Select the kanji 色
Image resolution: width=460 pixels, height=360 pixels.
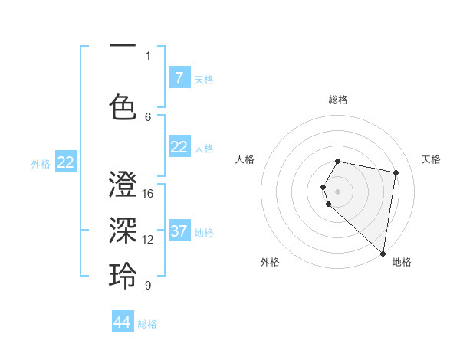click(123, 106)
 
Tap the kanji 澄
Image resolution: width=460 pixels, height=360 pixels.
click(123, 186)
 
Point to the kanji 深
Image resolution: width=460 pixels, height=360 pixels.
click(123, 231)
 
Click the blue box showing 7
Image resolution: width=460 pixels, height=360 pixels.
click(179, 78)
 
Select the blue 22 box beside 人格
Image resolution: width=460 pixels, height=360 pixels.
click(179, 147)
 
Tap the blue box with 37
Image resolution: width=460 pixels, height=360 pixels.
click(179, 231)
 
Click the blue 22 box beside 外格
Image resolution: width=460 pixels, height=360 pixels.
click(66, 162)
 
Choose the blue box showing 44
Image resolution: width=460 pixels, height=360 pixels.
click(123, 322)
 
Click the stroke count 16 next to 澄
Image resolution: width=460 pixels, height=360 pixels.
click(148, 193)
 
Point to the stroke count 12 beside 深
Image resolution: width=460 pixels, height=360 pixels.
click(148, 239)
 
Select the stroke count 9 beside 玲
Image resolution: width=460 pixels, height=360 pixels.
click(148, 285)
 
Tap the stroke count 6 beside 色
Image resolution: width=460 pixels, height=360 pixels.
click(148, 116)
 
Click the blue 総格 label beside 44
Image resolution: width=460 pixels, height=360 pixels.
click(147, 324)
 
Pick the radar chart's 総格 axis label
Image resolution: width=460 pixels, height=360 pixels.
click(338, 100)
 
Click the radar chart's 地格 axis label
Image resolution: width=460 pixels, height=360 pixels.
click(402, 262)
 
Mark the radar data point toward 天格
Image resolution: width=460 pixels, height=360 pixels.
click(396, 173)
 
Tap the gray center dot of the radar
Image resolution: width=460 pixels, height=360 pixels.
click(338, 191)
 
